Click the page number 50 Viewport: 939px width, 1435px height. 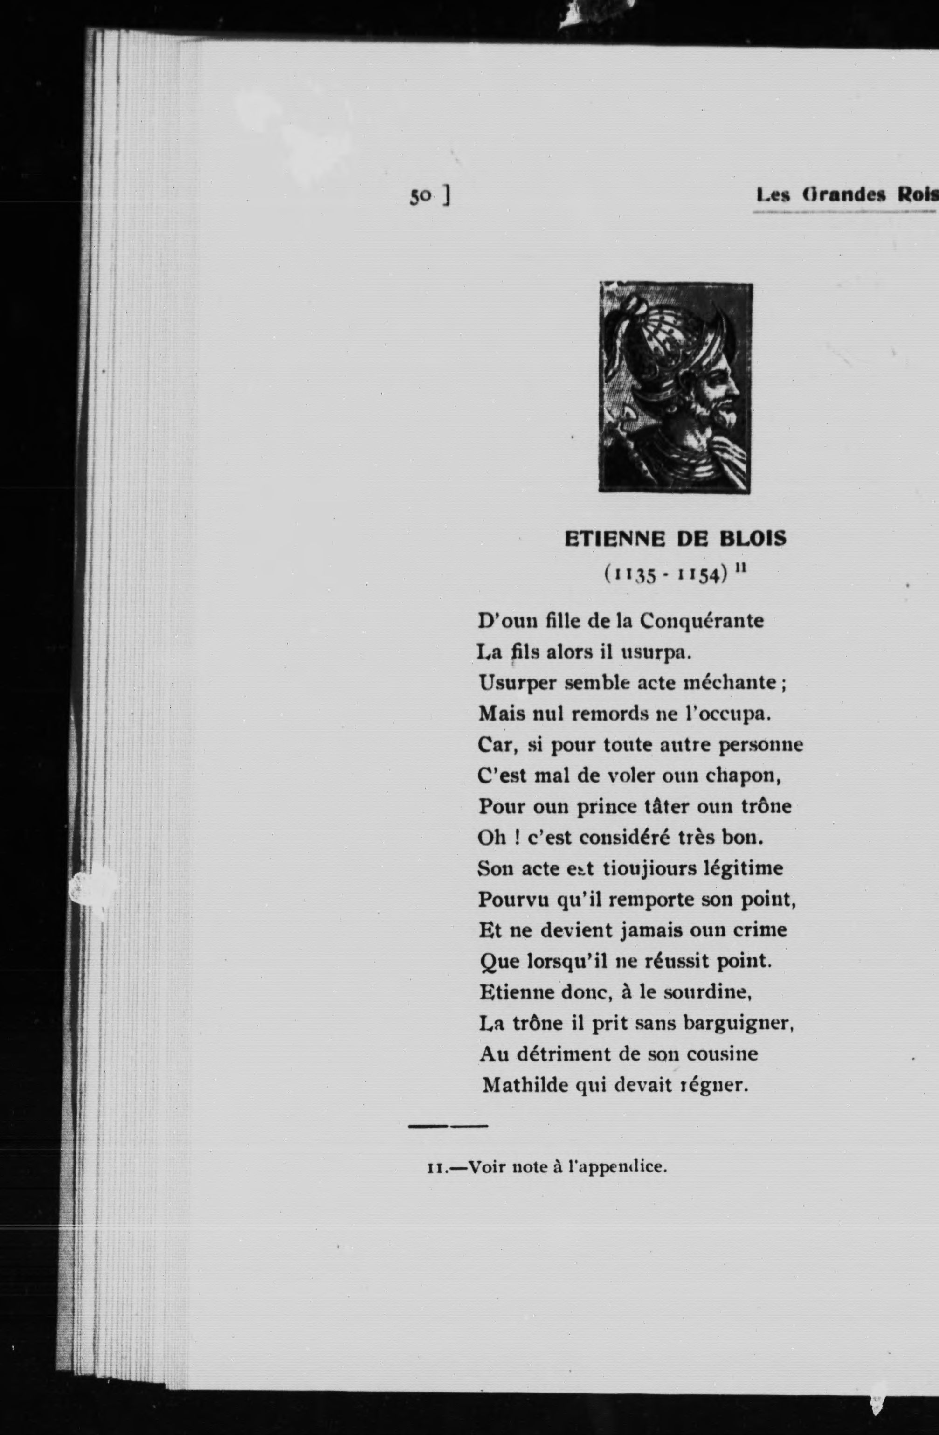[420, 196]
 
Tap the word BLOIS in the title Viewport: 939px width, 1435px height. [753, 539]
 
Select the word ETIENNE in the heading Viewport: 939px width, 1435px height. [615, 539]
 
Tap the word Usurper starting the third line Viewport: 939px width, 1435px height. [518, 683]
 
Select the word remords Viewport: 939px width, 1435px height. [609, 714]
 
